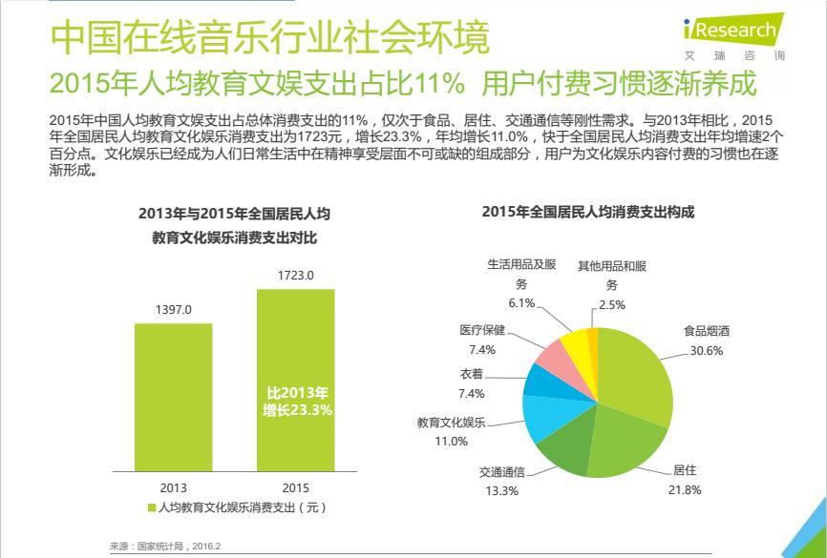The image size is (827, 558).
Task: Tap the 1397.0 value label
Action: (173, 310)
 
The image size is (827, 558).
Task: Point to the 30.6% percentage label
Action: (707, 351)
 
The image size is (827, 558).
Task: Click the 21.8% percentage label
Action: (686, 490)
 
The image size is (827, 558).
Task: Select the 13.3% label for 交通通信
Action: (501, 491)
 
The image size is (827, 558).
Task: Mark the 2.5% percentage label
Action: (612, 304)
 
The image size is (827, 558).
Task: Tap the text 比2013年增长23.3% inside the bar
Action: (298, 402)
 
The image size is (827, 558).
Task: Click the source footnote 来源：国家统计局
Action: (165, 546)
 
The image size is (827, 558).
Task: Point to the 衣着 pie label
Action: (471, 375)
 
